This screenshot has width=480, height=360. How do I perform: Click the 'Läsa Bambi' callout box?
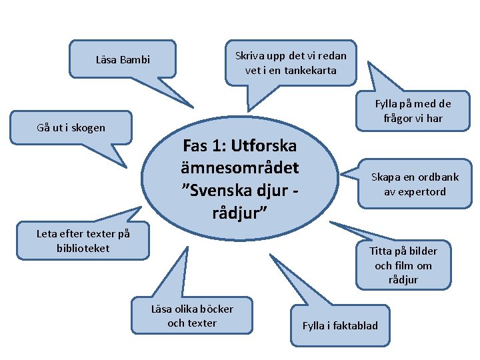click(123, 60)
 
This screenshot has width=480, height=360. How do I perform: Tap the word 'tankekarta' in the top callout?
click(310, 70)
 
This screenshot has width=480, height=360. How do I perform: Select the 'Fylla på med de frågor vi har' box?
click(413, 111)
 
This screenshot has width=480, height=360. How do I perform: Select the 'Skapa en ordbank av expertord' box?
click(415, 185)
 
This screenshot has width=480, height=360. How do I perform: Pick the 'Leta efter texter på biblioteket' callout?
click(83, 241)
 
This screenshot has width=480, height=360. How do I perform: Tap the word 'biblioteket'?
click(83, 248)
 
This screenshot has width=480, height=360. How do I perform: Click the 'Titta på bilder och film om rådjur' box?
click(403, 265)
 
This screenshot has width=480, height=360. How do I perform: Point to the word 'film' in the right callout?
click(405, 265)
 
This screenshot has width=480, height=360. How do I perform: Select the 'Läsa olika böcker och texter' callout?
click(192, 315)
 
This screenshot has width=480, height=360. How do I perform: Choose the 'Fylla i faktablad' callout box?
click(340, 325)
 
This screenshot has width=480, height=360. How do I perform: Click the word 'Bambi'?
click(135, 60)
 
